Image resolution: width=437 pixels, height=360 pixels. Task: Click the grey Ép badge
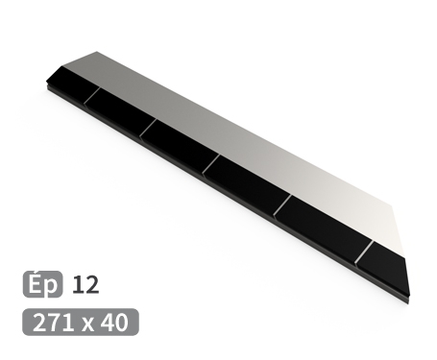pyautogui.click(x=42, y=284)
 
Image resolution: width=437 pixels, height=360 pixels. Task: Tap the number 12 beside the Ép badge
pyautogui.click(x=85, y=284)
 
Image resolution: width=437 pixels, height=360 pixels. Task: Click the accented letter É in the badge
pyautogui.click(x=36, y=284)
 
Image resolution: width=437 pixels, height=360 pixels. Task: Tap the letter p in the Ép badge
pyautogui.click(x=50, y=286)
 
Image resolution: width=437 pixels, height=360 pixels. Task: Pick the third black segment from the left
pyautogui.click(x=178, y=147)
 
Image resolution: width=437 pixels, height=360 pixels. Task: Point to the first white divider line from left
pyautogui.click(x=91, y=95)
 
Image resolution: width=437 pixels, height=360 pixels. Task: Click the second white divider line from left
pyautogui.click(x=147, y=128)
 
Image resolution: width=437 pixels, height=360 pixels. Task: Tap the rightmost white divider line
pyautogui.click(x=363, y=252)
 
